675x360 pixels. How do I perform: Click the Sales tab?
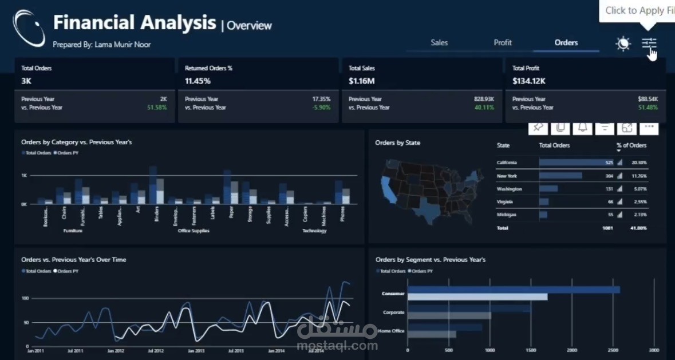tap(439, 42)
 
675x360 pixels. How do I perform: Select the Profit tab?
tap(503, 42)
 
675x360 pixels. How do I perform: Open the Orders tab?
tap(566, 42)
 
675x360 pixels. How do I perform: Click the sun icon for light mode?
tap(623, 43)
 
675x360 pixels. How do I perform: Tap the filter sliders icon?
tap(649, 43)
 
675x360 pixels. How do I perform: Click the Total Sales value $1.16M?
tap(361, 81)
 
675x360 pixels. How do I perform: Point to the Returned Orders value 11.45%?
tap(198, 81)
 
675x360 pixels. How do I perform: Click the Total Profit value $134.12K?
tap(529, 81)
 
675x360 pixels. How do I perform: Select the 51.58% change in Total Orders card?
tap(156, 108)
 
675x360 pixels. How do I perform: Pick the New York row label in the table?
tap(507, 176)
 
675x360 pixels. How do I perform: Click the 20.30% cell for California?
tap(639, 163)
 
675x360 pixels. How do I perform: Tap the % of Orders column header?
tap(631, 145)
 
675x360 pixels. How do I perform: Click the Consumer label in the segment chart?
tap(393, 294)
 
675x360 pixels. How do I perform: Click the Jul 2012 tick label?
tap(156, 350)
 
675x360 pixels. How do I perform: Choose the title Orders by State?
tap(397, 143)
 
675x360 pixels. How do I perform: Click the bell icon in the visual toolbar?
tap(582, 127)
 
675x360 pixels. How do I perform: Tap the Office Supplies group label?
tap(193, 231)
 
